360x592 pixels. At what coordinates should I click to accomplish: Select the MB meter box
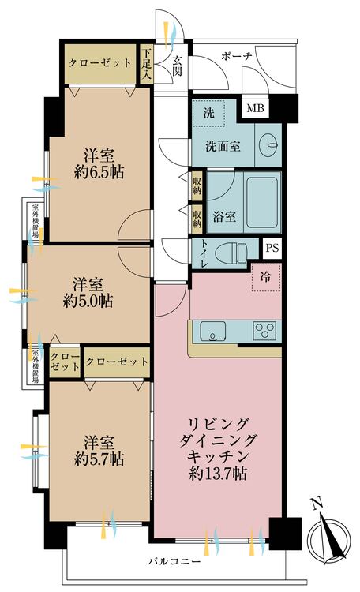(x=255, y=108)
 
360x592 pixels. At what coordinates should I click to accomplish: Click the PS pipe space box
(x=272, y=247)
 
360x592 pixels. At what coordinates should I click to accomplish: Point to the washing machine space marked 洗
(x=208, y=113)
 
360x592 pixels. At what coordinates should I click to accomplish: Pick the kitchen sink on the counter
(x=212, y=329)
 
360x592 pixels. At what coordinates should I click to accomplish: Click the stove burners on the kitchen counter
(x=264, y=329)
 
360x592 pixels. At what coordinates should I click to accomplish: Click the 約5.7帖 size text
(x=93, y=458)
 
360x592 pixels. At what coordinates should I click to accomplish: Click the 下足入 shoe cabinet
(x=147, y=64)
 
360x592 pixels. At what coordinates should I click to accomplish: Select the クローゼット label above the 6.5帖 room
(x=99, y=63)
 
